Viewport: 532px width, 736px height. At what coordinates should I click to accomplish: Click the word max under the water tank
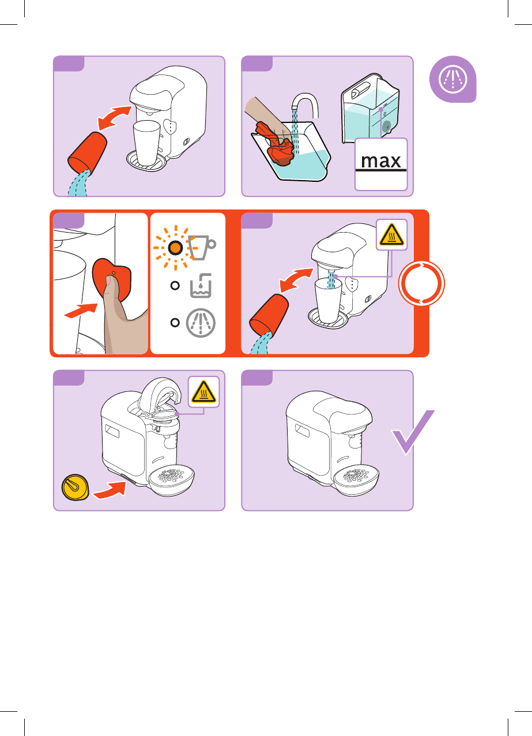point(381,160)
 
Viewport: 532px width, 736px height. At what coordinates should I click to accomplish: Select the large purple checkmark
point(412,433)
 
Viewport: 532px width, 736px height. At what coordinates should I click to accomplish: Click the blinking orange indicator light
point(176,248)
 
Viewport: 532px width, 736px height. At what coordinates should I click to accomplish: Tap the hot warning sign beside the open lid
point(203,392)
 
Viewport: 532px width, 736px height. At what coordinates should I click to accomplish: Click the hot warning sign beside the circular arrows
point(392,234)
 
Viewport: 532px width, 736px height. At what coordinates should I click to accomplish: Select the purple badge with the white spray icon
point(452,80)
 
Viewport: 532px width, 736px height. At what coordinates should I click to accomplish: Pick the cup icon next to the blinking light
point(202,247)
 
